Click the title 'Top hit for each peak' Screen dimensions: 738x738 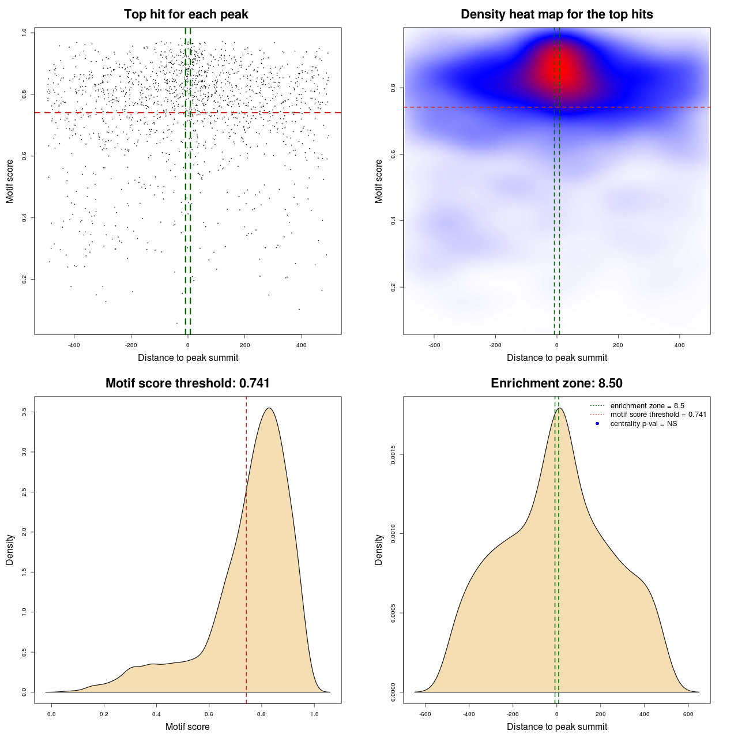186,14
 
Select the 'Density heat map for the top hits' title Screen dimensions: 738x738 556,14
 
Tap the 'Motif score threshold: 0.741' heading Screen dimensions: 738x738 187,383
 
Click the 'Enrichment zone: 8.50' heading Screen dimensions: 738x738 556,383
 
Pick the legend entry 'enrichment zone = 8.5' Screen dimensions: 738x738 647,406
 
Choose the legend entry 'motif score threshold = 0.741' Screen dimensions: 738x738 658,415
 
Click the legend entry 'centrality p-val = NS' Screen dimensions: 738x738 643,424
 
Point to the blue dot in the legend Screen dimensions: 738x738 597,424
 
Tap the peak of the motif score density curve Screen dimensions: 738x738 269,408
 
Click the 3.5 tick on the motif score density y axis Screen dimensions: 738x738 24,412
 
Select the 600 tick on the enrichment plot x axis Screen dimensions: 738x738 688,714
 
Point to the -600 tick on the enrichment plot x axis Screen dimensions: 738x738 425,714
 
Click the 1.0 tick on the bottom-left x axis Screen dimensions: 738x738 314,714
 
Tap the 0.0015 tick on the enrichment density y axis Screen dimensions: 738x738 393,455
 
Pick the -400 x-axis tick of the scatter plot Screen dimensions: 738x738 74,345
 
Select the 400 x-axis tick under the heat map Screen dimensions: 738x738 680,345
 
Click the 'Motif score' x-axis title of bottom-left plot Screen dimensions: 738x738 187,726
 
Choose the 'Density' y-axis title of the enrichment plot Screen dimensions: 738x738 379,549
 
